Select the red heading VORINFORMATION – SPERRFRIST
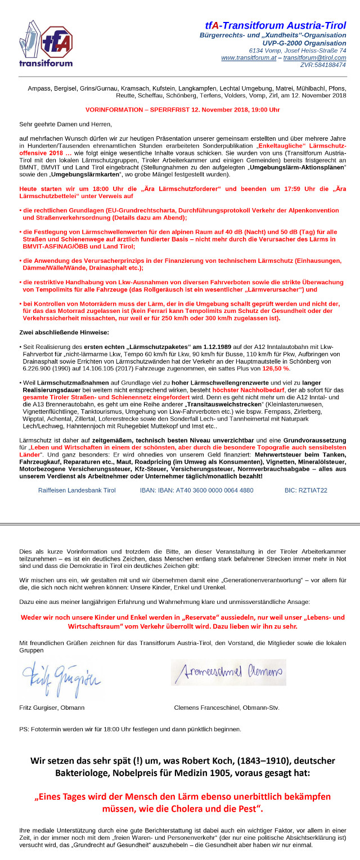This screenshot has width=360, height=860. pyautogui.click(x=182, y=110)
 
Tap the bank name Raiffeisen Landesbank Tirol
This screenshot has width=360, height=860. pyautogui.click(x=76, y=490)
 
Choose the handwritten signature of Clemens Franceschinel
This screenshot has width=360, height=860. pyautogui.click(x=228, y=672)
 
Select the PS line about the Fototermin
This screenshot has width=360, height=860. pyautogui.click(x=130, y=729)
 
